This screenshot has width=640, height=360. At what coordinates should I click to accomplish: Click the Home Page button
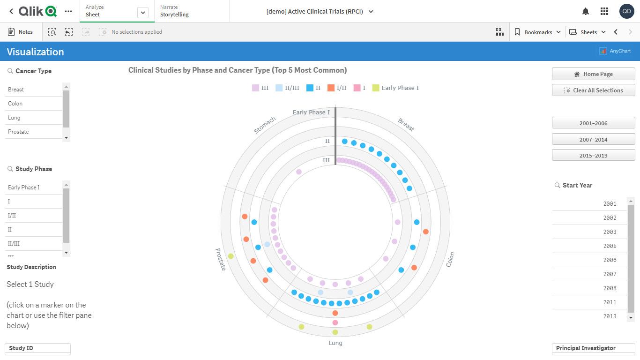[593, 74]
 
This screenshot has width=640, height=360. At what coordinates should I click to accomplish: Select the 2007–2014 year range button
[593, 140]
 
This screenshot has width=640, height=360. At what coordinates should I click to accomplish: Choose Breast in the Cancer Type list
[34, 90]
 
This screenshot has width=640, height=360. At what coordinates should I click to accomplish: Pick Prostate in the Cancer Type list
[34, 132]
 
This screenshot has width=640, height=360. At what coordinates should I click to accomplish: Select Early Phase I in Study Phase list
[34, 187]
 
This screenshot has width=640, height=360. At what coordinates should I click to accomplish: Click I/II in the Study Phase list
[34, 216]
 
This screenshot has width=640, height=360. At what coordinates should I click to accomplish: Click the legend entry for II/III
[287, 88]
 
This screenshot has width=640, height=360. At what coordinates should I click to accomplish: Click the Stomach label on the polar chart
[265, 125]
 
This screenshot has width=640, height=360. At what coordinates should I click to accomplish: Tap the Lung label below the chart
[335, 343]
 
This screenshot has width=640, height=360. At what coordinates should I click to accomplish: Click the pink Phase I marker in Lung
[335, 322]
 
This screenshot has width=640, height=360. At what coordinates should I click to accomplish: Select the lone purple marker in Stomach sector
[299, 172]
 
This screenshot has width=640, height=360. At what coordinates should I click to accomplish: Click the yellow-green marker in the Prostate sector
[231, 256]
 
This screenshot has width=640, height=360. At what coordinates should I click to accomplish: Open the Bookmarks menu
[537, 32]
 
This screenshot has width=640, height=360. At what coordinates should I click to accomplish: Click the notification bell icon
[586, 11]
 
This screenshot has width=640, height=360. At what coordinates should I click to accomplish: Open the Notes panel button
[21, 32]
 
